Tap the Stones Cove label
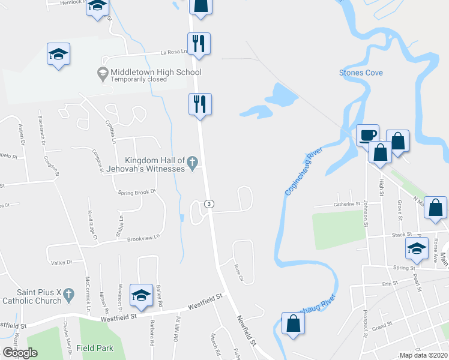[361, 73]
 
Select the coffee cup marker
[367, 135]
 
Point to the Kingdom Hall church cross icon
[192, 161]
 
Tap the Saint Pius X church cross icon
[69, 295]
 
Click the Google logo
[20, 353]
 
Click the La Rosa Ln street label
[170, 52]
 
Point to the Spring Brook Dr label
[137, 192]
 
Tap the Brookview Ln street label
[143, 238]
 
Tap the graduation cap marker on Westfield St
[141, 295]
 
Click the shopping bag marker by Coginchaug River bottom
[292, 323]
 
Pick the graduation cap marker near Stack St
[416, 247]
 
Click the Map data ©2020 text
[424, 355]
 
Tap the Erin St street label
[390, 284]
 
